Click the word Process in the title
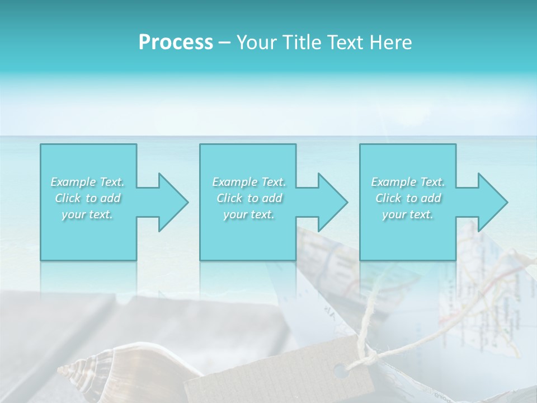pos(176,43)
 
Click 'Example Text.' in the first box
pos(87,182)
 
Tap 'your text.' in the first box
pos(87,214)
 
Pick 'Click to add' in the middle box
pos(249,198)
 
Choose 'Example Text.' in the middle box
pos(249,182)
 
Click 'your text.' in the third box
pos(408,214)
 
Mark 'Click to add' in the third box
pos(408,198)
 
